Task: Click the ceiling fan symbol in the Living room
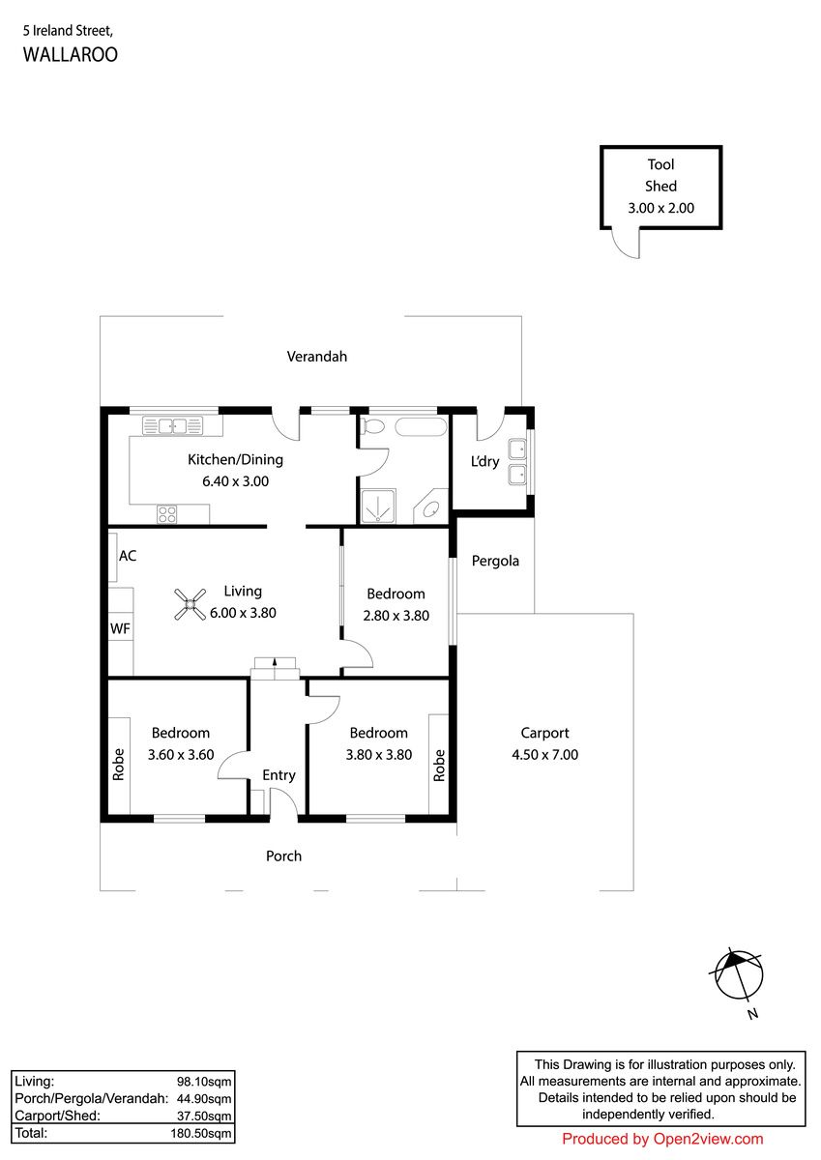(191, 604)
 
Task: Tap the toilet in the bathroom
(372, 426)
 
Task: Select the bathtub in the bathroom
(421, 427)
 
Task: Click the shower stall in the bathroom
(377, 506)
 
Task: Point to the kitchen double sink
(172, 425)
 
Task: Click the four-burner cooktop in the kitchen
(166, 514)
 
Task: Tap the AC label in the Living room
(128, 556)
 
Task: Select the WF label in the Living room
(120, 628)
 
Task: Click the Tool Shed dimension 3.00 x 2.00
(660, 208)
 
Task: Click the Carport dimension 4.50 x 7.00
(545, 755)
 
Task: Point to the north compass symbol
(738, 976)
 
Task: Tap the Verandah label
(317, 357)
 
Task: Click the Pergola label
(495, 561)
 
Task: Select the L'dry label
(484, 461)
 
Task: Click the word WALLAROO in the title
(71, 54)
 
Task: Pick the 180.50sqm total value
(201, 1133)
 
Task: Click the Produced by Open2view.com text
(662, 1139)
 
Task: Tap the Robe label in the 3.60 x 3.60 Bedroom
(119, 765)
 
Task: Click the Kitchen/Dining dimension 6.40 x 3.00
(236, 481)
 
